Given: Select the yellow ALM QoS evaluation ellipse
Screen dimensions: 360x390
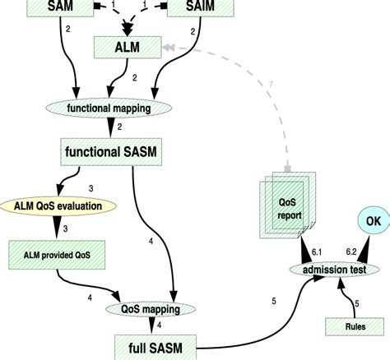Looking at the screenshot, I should coord(58,205).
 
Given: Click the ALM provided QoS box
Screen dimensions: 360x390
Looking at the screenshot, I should coord(62,255).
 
